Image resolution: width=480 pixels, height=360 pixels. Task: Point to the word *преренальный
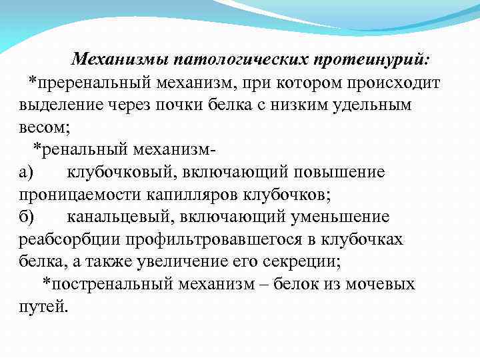click(86, 83)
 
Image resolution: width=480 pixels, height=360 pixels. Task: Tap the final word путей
click(42, 307)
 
